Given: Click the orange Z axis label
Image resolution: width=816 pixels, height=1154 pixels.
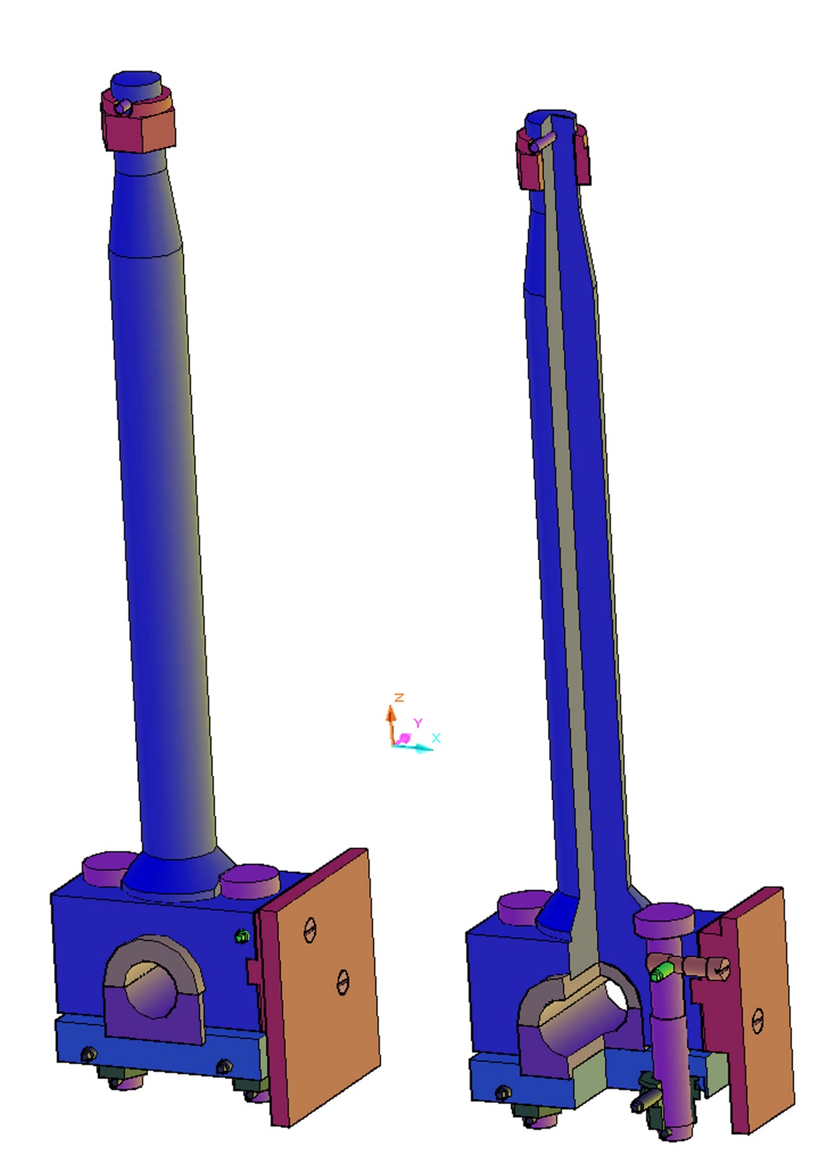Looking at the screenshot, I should click(x=399, y=697).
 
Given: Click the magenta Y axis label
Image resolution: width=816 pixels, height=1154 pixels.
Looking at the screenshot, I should click(x=417, y=723).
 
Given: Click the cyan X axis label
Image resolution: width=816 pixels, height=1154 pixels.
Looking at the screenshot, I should click(x=436, y=737).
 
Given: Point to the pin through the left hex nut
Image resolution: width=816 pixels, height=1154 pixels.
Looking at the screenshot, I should click(x=123, y=107).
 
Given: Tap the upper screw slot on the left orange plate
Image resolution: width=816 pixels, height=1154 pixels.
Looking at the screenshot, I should click(x=310, y=930).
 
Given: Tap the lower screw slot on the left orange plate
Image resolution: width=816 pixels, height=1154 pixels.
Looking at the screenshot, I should click(x=343, y=982).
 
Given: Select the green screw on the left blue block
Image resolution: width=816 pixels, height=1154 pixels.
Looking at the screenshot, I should click(x=242, y=936).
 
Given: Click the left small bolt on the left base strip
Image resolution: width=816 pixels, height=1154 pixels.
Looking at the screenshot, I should click(x=89, y=1054).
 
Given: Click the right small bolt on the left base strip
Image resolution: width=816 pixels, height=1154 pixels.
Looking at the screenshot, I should click(x=224, y=1066).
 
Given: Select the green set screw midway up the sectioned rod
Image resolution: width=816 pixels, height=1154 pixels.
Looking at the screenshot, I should click(x=659, y=468).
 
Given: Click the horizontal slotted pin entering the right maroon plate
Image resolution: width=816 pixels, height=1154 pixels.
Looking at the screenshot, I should click(x=711, y=968).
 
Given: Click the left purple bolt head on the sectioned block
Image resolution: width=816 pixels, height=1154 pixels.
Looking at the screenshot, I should click(x=525, y=905).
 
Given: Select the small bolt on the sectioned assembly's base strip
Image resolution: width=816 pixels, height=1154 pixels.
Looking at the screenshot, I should click(x=502, y=1093).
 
